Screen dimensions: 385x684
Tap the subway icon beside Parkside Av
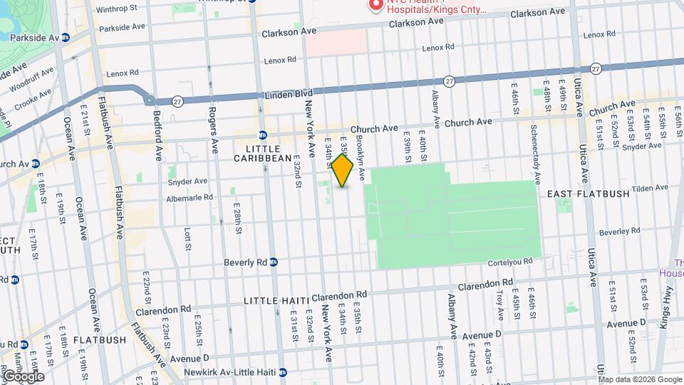pos(66,37)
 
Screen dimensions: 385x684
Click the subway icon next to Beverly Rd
pos(273,262)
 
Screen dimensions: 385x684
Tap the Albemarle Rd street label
pos(190,197)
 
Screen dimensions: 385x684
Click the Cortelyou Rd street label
pos(509,262)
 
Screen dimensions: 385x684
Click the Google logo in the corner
pos(23,376)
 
